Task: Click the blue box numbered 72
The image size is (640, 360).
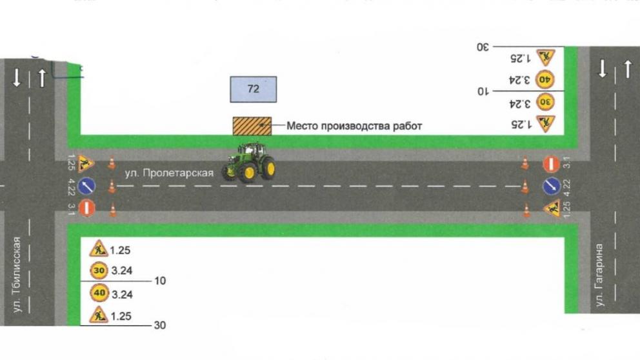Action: click(x=254, y=89)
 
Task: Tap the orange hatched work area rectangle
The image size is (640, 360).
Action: click(x=252, y=126)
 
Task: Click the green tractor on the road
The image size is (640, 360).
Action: click(x=249, y=163)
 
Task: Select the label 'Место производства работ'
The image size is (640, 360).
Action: click(x=354, y=126)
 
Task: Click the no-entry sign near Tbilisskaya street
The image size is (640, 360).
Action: click(x=88, y=208)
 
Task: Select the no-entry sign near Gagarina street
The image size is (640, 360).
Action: click(x=550, y=164)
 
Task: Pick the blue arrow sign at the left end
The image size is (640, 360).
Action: click(x=87, y=187)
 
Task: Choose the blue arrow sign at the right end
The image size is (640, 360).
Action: click(x=550, y=186)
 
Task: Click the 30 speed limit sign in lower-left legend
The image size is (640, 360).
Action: click(x=98, y=270)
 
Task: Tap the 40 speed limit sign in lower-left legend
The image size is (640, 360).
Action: click(x=98, y=294)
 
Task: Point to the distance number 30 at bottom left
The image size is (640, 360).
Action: click(x=159, y=326)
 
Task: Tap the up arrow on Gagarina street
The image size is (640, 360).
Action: click(x=628, y=68)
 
